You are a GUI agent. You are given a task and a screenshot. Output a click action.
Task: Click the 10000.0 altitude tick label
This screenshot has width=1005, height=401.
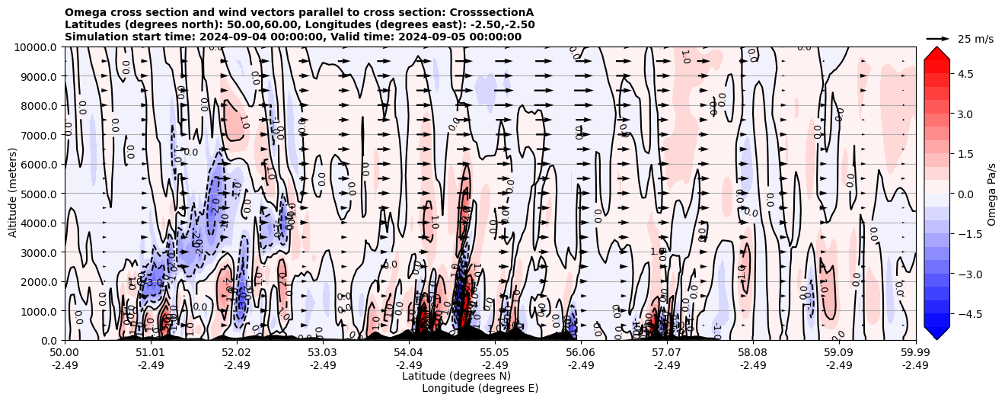[x=37, y=47]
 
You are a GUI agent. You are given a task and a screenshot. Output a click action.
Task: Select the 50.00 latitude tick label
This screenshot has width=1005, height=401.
[x=65, y=353]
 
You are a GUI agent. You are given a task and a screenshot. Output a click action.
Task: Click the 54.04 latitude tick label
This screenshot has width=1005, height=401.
[x=409, y=353]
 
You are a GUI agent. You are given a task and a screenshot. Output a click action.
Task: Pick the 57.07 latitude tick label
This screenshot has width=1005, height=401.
[x=667, y=353]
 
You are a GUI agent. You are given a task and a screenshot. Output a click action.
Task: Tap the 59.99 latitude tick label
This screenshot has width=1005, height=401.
[x=915, y=353]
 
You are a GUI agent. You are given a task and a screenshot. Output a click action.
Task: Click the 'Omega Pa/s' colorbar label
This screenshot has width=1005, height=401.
[x=992, y=194]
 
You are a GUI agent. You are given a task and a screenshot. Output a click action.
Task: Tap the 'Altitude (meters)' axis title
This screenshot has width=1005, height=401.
[x=13, y=194]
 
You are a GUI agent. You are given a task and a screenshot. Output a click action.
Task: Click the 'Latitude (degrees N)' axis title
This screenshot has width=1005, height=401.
[x=456, y=376]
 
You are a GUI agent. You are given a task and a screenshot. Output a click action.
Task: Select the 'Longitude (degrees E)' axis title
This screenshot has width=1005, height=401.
[x=480, y=388]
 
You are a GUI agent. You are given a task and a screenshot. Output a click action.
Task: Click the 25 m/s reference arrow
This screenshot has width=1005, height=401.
[x=937, y=38]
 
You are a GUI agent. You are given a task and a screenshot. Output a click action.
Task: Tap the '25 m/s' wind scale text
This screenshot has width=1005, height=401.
[x=975, y=39]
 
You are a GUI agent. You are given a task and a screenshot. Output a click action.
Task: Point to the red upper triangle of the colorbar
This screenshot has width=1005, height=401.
[x=936, y=53]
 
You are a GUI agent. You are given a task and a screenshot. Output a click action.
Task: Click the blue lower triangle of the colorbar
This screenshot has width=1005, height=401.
[x=936, y=332]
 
